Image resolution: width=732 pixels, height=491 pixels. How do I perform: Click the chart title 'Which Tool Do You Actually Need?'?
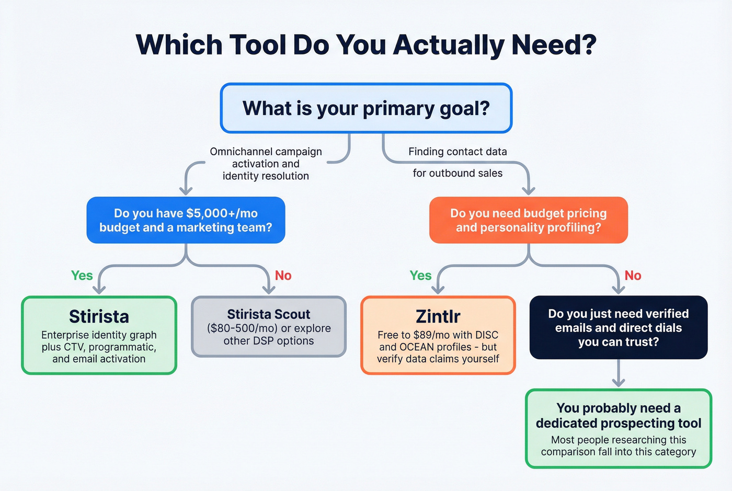[x=366, y=45]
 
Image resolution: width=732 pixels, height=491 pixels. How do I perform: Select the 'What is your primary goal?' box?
[x=366, y=108]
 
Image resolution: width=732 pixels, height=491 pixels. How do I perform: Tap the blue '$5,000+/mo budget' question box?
[x=186, y=220]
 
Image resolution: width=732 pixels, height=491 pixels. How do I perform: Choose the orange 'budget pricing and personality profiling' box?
[x=528, y=220]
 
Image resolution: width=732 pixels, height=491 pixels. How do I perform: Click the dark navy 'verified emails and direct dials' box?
[x=618, y=328]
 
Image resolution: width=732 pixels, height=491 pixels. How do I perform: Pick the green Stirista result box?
[x=99, y=335]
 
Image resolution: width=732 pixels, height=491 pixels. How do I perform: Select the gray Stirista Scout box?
[x=269, y=327]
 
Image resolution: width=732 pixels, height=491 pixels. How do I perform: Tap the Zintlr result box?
[x=438, y=335]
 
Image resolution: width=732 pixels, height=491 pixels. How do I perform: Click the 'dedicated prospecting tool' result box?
[x=618, y=428]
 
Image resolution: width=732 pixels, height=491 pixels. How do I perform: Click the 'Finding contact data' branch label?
[x=458, y=152]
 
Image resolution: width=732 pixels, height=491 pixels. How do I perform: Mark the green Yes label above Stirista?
[x=82, y=276]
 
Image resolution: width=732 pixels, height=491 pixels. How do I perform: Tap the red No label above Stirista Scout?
[x=283, y=276]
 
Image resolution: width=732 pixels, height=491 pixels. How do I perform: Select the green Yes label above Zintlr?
[x=420, y=276]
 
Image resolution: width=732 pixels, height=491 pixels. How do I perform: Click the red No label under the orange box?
[x=633, y=276]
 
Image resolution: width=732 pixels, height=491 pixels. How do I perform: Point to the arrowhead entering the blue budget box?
[x=186, y=190]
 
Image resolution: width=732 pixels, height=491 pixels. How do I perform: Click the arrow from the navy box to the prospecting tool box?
[x=619, y=374]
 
